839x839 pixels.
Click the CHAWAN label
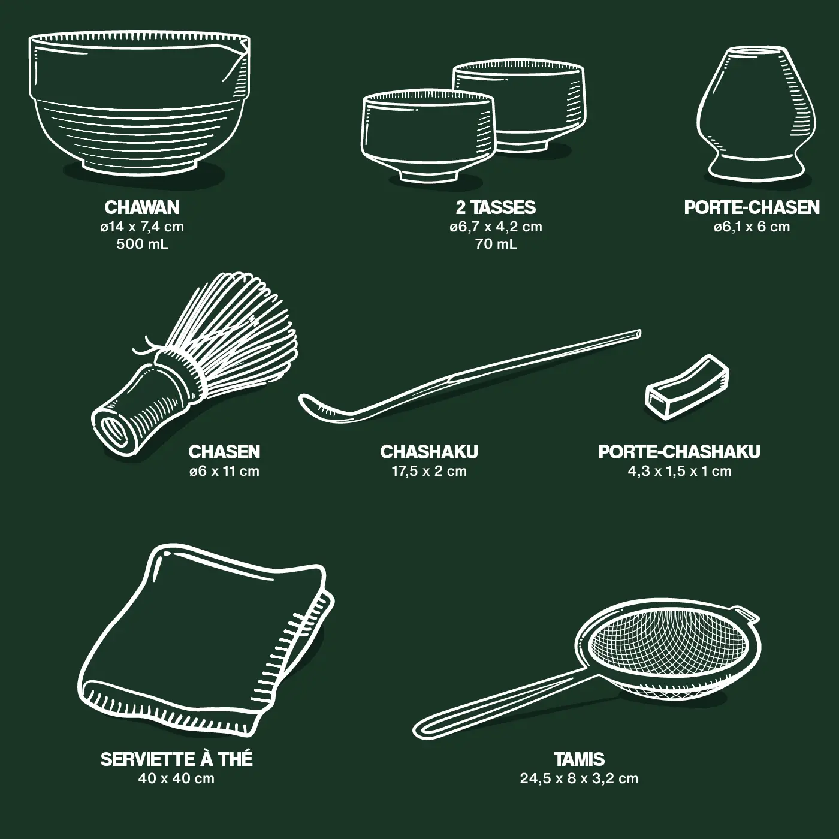click(141, 207)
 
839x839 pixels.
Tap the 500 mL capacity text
click(142, 244)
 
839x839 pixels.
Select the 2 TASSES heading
click(496, 207)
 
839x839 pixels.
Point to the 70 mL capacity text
click(496, 244)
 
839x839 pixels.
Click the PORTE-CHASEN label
click(752, 207)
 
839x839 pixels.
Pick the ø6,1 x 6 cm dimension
click(752, 227)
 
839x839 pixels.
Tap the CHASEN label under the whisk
click(224, 452)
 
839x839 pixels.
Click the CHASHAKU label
click(429, 452)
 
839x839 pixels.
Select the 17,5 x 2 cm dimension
click(429, 471)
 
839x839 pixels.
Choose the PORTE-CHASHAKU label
click(679, 452)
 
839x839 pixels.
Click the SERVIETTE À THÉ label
click(176, 759)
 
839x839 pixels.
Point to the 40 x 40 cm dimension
click(176, 778)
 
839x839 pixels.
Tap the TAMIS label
click(579, 759)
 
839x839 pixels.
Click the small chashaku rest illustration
click(687, 387)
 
